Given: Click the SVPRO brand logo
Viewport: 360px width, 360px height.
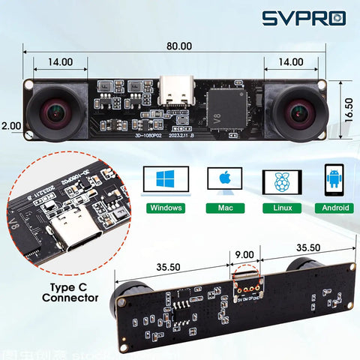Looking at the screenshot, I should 304,19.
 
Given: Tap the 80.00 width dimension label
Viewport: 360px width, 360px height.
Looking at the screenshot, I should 178,46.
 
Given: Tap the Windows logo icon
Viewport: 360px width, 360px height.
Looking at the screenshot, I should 165,180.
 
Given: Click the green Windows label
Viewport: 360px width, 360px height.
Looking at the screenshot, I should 166,208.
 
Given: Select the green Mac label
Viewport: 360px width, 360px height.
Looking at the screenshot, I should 223,208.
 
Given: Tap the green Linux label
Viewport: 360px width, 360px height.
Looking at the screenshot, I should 281,208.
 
